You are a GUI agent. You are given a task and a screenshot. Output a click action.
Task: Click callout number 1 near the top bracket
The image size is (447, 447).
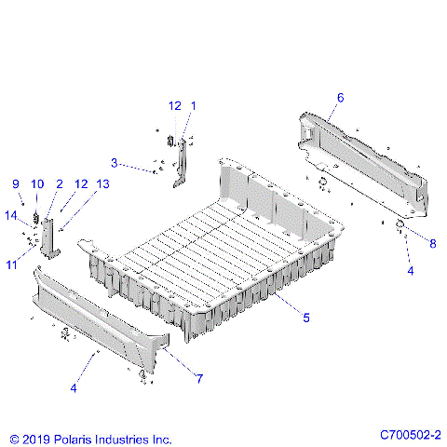point(193,105)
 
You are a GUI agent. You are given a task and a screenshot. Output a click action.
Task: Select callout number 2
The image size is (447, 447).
point(59,183)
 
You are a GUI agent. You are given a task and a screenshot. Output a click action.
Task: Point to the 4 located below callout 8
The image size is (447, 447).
point(409,270)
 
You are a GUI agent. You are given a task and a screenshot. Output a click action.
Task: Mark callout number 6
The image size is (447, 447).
point(340,97)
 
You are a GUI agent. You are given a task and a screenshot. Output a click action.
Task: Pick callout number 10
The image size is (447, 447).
point(37,183)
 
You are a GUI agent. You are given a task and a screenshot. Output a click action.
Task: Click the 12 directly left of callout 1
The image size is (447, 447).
point(174,105)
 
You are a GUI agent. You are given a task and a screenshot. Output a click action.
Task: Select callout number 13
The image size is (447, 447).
point(102,183)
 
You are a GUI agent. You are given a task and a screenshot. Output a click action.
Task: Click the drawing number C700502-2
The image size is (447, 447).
point(410,435)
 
